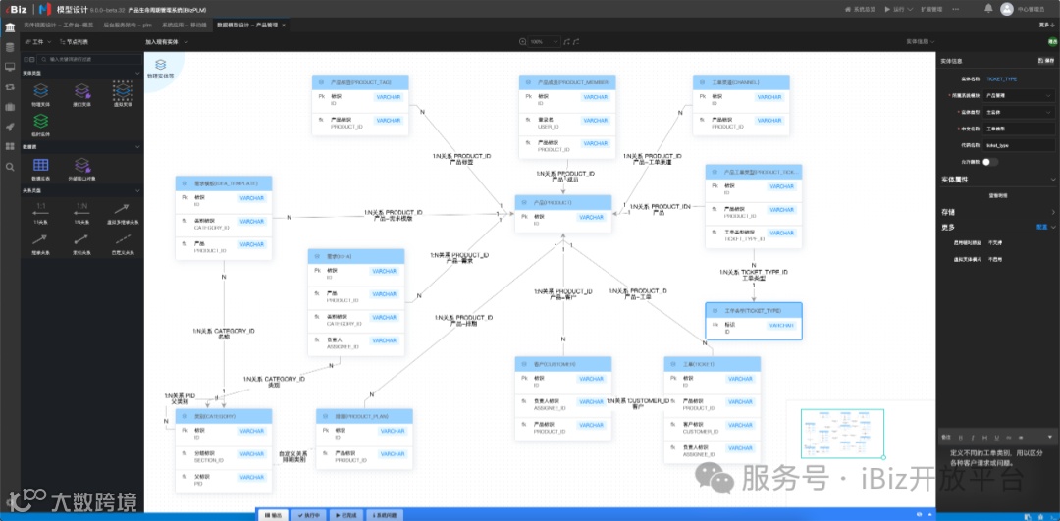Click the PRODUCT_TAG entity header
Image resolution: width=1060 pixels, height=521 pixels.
tap(358, 82)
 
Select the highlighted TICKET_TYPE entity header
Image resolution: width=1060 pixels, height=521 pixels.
tap(753, 309)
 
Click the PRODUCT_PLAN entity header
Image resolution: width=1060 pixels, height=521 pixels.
tap(364, 416)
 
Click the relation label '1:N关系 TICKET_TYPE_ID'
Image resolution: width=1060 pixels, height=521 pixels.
tap(765, 274)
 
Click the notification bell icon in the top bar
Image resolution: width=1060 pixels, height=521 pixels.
tap(983, 9)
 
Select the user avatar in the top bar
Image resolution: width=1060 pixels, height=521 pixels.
tap(1006, 9)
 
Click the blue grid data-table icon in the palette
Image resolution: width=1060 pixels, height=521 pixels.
tap(41, 166)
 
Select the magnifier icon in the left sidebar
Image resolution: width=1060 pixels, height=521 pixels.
tap(10, 167)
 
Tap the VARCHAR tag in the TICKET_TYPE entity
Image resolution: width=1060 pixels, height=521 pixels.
tap(780, 325)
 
